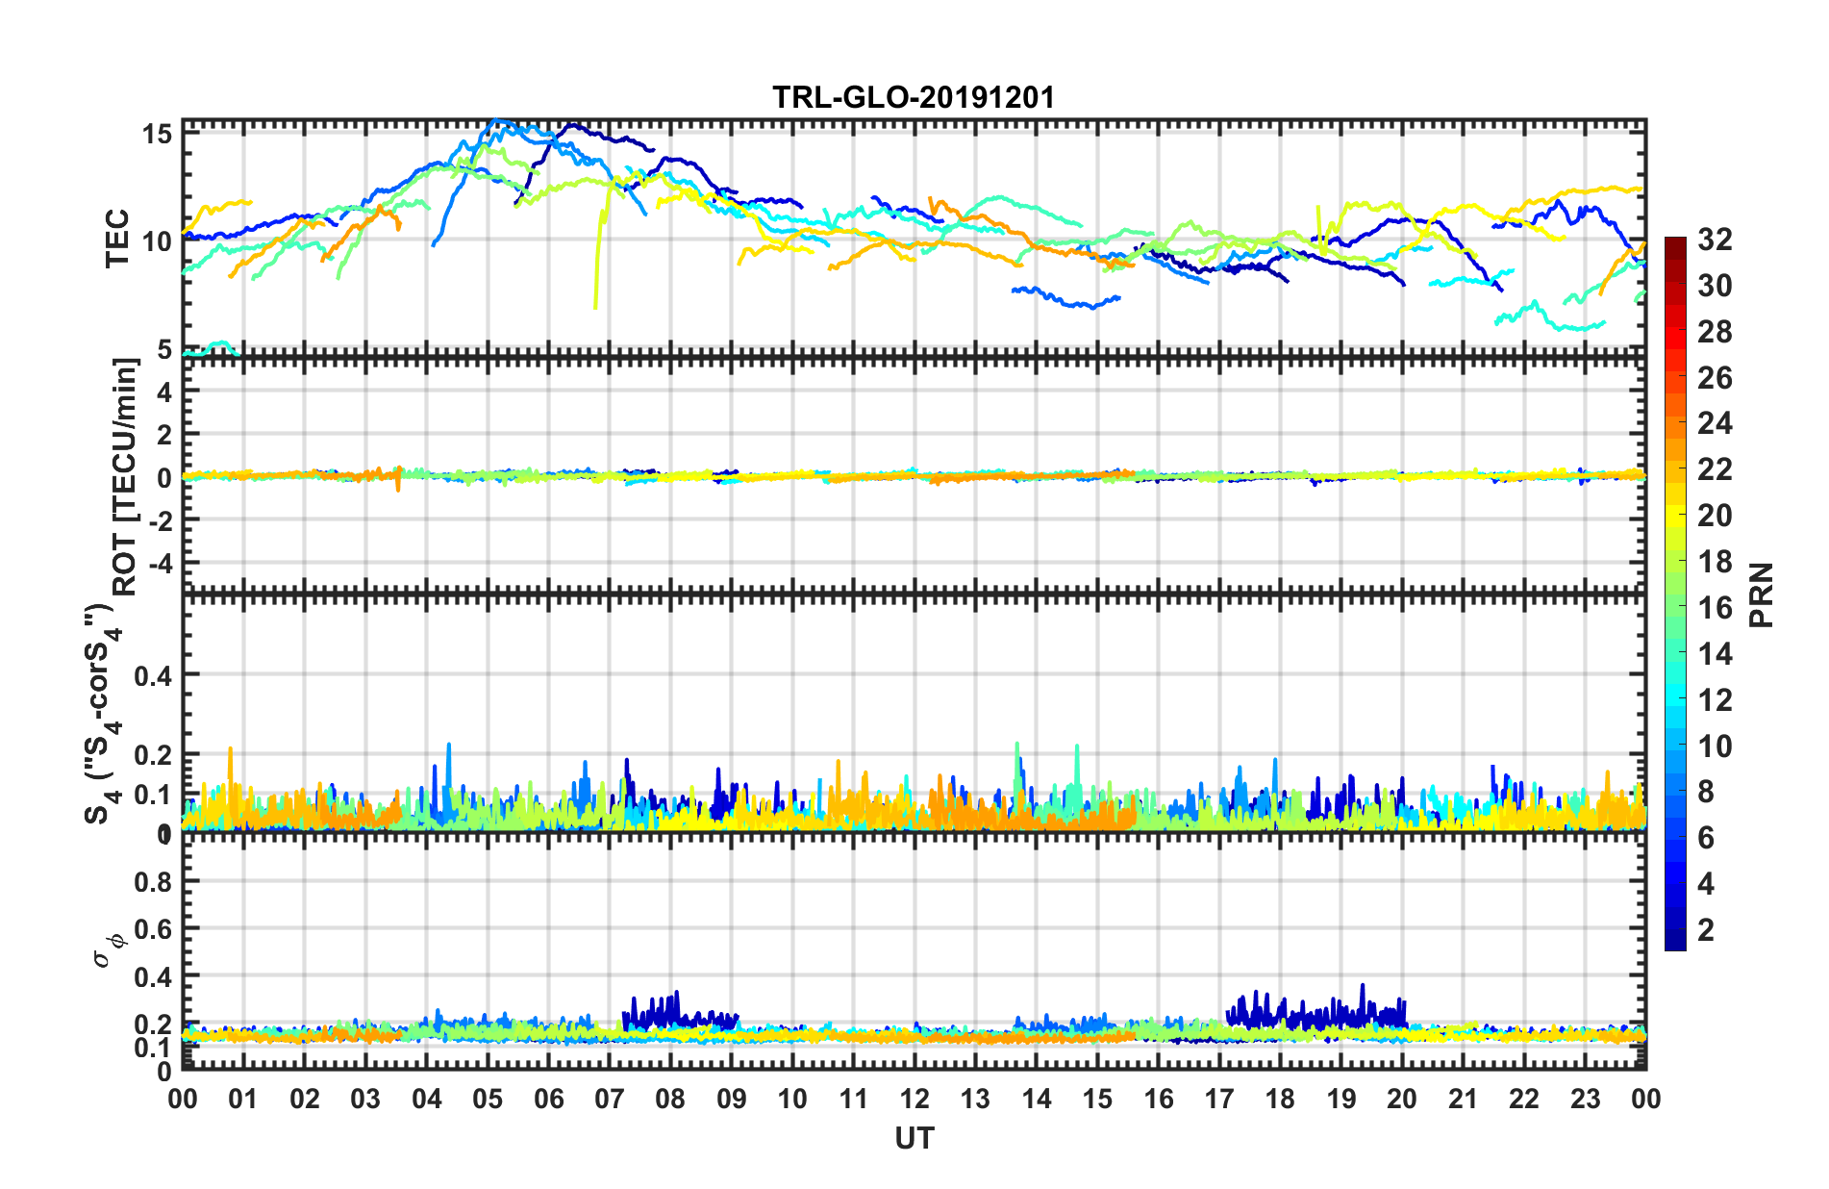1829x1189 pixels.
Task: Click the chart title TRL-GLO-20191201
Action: click(x=914, y=97)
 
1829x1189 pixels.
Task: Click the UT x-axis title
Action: click(x=914, y=1139)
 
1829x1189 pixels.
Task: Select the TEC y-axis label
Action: click(x=117, y=239)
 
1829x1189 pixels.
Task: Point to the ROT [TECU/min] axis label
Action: click(x=125, y=476)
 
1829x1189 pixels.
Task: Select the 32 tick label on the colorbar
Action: click(x=1715, y=240)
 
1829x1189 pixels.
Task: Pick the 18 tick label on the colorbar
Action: click(x=1715, y=562)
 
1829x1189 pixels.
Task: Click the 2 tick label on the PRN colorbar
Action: click(x=1707, y=930)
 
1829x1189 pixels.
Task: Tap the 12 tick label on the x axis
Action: click(x=914, y=1099)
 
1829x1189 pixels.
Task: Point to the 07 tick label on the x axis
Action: click(x=610, y=1099)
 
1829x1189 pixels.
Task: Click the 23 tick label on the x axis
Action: click(x=1585, y=1099)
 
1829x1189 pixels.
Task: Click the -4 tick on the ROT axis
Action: click(x=162, y=562)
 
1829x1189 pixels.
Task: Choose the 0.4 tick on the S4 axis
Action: click(x=154, y=675)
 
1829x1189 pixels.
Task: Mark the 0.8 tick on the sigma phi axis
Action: click(x=154, y=881)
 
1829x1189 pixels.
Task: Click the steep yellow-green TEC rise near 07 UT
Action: click(x=599, y=260)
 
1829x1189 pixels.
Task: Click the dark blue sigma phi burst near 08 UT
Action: click(x=664, y=1009)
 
